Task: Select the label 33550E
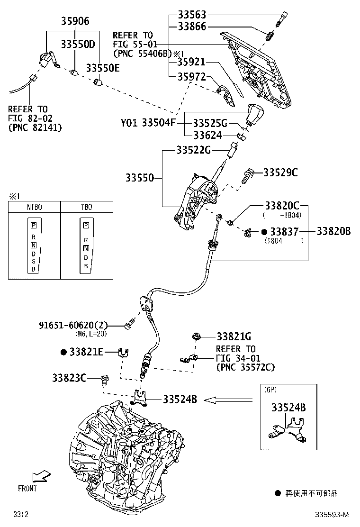pos(103,68)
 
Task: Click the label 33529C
pos(280,173)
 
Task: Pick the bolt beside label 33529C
pos(247,176)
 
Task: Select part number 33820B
pos(333,231)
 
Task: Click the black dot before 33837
pos(264,232)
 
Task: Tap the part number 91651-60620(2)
pos(73,325)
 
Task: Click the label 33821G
pos(234,336)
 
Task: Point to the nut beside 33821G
pos(196,337)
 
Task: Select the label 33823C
pos(69,378)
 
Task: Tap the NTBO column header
pos(35,207)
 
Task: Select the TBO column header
pos(87,207)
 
